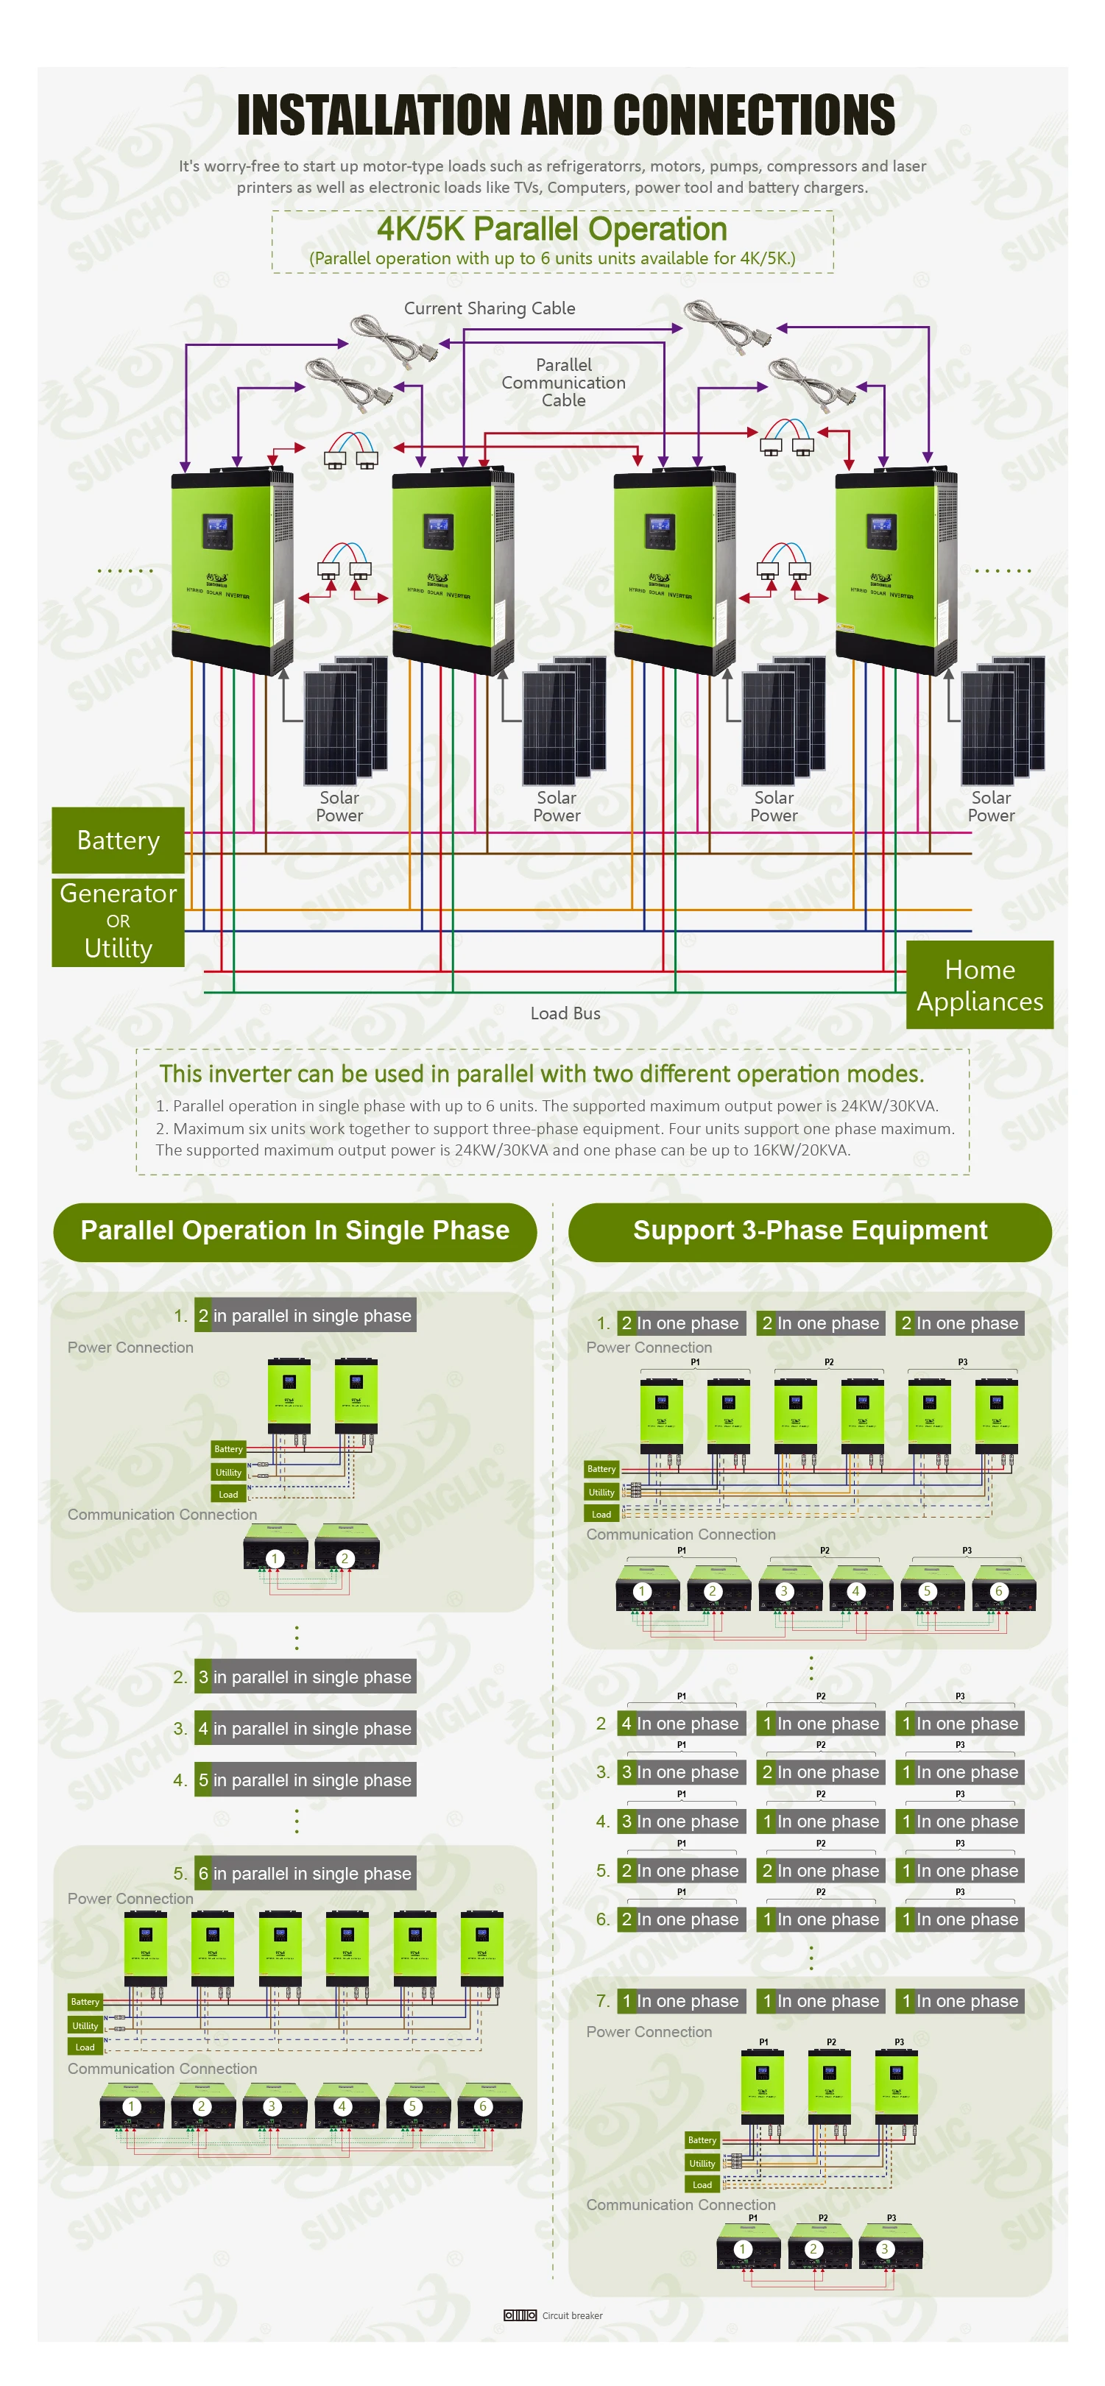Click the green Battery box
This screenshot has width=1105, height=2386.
118,839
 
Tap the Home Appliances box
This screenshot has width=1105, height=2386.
979,985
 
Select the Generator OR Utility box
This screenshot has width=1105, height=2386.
118,921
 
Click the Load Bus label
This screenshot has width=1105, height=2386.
565,1013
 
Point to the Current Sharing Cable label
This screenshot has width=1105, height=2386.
489,308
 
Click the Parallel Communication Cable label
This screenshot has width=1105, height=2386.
563,383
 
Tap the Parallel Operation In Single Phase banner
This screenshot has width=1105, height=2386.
294,1231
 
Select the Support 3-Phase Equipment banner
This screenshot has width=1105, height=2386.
810,1231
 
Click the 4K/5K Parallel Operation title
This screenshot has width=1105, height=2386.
552,230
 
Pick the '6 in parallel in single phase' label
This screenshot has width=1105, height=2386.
305,1873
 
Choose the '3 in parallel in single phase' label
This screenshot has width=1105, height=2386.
305,1677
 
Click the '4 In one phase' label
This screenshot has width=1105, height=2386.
681,1724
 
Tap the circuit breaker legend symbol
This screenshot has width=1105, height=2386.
520,2315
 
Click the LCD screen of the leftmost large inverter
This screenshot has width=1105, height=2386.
216,529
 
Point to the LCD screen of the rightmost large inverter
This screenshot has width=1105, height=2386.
881,529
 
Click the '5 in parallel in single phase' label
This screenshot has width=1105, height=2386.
305,1780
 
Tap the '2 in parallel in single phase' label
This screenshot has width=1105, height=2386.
305,1315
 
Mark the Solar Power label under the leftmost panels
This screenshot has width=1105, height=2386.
339,807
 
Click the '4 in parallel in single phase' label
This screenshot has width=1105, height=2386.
305,1728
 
